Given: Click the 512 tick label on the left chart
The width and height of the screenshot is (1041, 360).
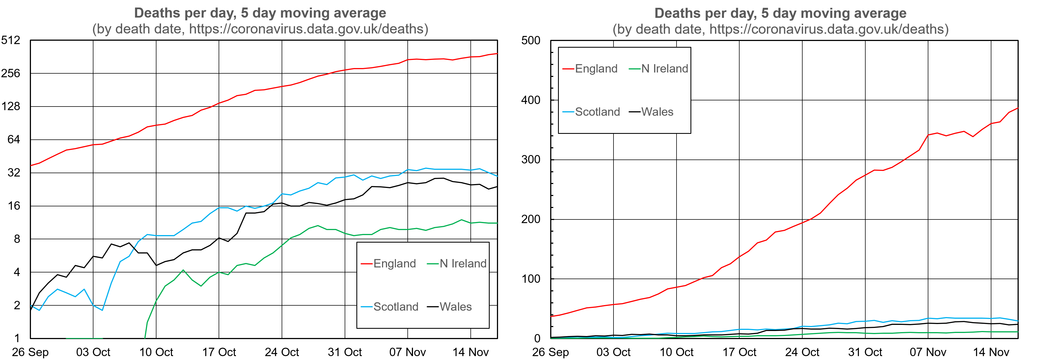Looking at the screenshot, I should [11, 40].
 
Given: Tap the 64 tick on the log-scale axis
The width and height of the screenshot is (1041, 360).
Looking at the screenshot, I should [13, 139].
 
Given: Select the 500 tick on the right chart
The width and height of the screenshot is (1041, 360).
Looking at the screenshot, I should [531, 40].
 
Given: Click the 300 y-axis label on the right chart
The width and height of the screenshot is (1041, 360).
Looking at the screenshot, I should [531, 160].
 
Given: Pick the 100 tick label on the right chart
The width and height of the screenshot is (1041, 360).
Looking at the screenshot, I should [531, 279].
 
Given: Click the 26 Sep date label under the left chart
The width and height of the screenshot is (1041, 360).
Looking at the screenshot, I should [30, 352].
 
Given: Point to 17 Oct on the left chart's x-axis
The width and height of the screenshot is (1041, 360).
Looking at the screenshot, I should [219, 352].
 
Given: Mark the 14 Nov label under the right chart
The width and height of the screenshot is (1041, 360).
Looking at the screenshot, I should [991, 352].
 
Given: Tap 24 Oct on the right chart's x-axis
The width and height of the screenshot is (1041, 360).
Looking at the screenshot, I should [802, 352].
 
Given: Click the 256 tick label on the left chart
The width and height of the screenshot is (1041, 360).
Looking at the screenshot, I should [11, 73].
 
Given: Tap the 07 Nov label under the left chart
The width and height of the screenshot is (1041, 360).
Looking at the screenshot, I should [407, 352].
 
